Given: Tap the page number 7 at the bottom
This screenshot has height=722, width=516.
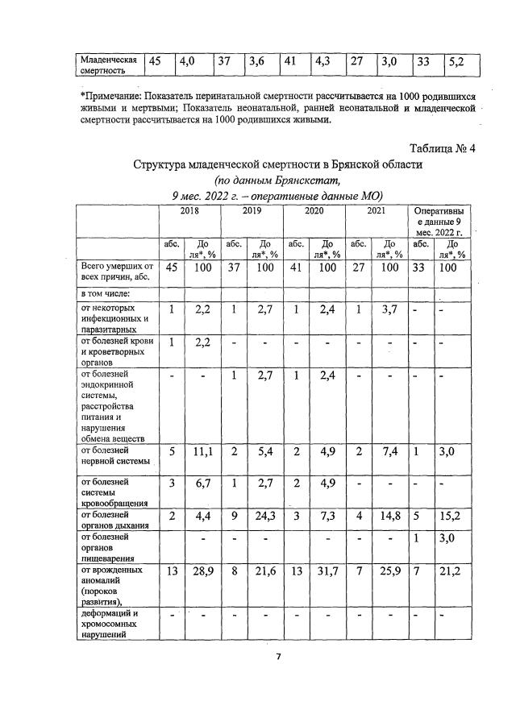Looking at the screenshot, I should pyautogui.click(x=278, y=657).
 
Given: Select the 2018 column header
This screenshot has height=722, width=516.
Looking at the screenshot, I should pyautogui.click(x=189, y=210).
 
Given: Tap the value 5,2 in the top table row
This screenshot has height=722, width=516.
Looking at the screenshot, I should pyautogui.click(x=456, y=60).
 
